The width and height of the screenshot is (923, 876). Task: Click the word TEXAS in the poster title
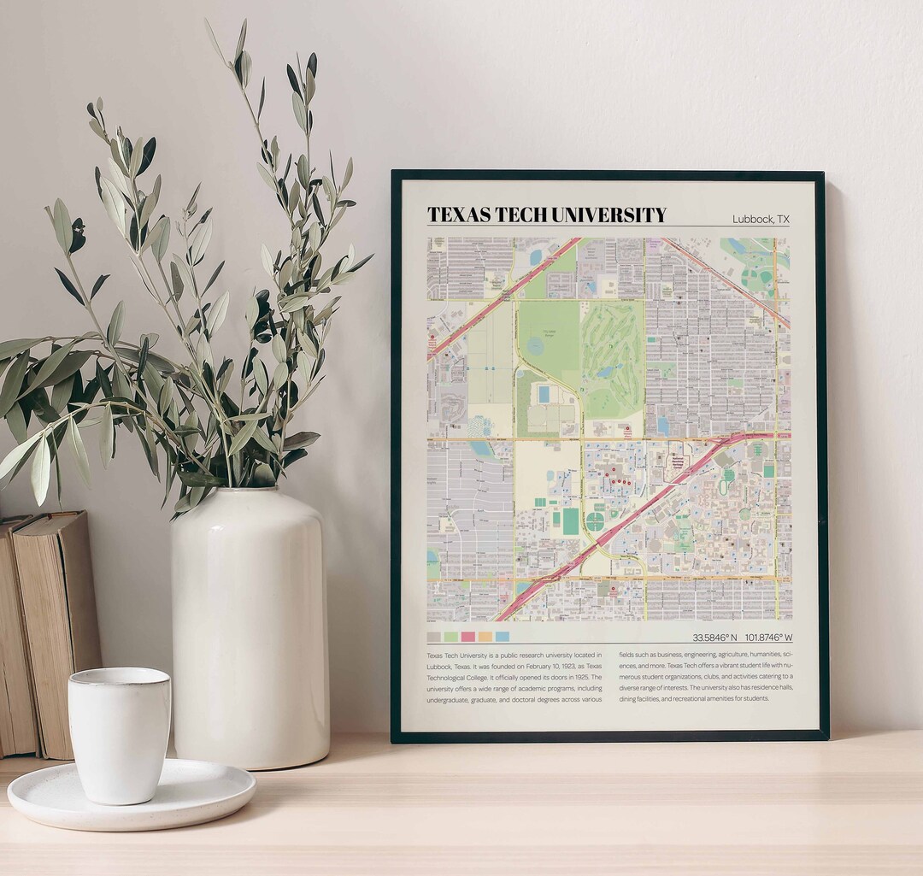[454, 215]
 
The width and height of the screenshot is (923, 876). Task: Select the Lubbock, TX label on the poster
[761, 220]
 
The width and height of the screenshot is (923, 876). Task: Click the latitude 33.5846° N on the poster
[714, 638]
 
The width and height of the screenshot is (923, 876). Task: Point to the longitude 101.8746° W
[768, 638]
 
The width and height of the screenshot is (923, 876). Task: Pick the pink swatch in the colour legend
[467, 637]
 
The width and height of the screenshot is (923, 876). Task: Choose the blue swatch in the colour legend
[503, 637]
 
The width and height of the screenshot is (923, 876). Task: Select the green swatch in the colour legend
[450, 637]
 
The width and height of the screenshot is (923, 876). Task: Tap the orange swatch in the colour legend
[485, 637]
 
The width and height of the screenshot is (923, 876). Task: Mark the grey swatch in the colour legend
[433, 637]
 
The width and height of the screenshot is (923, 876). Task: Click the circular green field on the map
[595, 521]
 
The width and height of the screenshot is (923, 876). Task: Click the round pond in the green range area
[535, 346]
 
